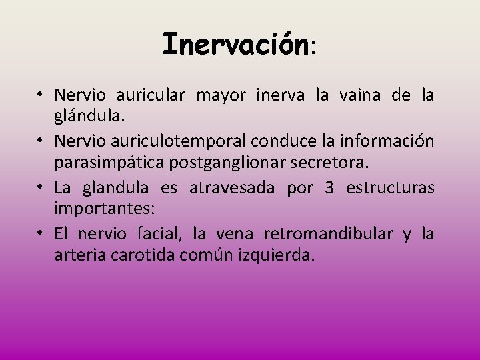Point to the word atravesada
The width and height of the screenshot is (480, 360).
pyautogui.click(x=231, y=188)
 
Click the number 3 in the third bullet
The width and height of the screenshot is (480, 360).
pyautogui.click(x=329, y=188)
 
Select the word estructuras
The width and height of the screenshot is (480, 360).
pyautogui.click(x=390, y=188)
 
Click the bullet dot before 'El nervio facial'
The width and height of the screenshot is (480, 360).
pyautogui.click(x=41, y=234)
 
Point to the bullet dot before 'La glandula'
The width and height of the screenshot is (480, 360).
pyautogui.click(x=41, y=188)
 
